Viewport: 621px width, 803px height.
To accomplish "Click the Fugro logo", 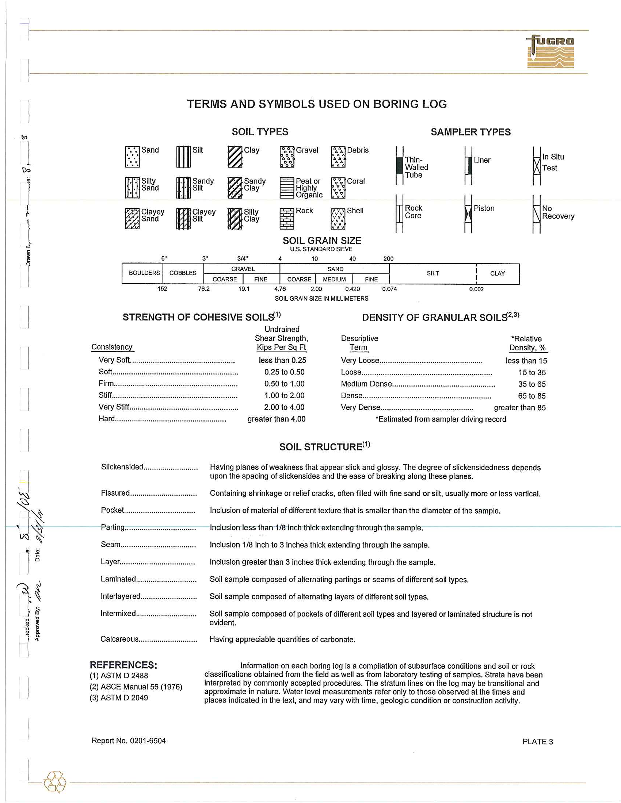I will [550, 51].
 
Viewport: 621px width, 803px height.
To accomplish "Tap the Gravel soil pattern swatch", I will [287, 157].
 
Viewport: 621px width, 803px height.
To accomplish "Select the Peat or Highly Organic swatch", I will [287, 188].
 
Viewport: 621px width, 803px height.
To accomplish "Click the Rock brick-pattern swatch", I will [287, 219].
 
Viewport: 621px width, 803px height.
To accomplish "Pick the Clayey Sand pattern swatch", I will [132, 219].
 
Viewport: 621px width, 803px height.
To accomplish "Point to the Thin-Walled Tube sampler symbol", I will [400, 165].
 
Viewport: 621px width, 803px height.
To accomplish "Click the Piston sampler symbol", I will [468, 214].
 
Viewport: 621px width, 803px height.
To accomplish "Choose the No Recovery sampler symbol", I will [537, 214].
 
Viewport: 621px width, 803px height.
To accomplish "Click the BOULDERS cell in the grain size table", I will [144, 273].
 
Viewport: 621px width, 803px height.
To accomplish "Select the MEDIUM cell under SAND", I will [334, 280].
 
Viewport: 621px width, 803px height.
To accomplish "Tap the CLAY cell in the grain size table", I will [498, 273].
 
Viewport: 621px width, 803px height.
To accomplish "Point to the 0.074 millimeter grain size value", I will [389, 289].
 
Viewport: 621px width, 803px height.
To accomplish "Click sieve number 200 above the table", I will [388, 259].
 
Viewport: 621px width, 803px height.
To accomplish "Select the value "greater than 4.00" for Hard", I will [276, 419].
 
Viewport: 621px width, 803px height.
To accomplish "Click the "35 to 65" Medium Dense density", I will [532, 384].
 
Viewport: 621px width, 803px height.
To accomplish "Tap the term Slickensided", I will [122, 467].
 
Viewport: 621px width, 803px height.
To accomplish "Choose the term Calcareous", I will [119, 639].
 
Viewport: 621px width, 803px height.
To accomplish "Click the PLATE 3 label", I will [537, 742].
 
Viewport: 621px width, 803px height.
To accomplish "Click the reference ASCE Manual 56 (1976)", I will [136, 687].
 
